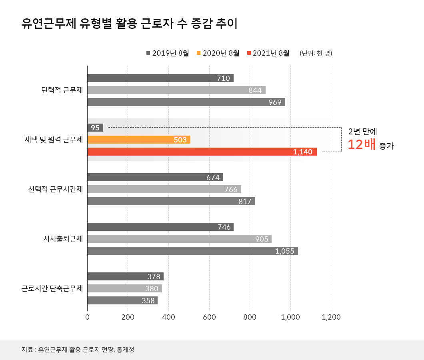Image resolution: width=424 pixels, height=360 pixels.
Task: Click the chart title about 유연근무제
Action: tap(130, 24)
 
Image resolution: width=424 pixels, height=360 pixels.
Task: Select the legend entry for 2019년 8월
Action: tap(168, 53)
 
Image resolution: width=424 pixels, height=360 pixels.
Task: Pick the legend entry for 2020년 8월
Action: tap(218, 53)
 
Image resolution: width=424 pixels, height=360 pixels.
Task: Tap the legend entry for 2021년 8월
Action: tap(268, 53)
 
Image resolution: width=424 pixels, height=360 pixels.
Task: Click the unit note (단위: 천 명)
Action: tap(316, 53)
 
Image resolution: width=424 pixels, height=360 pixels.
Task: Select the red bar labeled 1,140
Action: tap(202, 152)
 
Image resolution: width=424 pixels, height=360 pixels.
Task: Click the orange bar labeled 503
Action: tap(138, 140)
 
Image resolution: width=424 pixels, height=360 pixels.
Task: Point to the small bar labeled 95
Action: tap(95, 128)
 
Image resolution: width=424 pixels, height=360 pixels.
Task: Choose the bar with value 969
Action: tap(186, 102)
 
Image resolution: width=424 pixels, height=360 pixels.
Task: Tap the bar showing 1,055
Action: tap(192, 251)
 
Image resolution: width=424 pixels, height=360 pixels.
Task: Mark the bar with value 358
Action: tap(122, 300)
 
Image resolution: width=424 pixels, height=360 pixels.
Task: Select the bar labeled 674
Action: tap(155, 177)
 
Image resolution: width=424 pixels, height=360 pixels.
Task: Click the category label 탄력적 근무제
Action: tap(62, 90)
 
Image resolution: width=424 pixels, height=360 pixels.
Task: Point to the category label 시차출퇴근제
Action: tap(63, 239)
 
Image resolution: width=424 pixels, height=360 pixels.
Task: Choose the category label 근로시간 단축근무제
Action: tap(52, 288)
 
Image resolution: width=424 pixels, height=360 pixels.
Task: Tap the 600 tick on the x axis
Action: tap(209, 318)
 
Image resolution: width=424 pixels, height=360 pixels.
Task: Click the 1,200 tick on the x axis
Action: tap(331, 318)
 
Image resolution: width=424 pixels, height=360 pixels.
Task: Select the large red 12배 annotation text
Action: tap(361, 145)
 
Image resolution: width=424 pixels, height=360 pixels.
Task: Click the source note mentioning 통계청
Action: tap(78, 350)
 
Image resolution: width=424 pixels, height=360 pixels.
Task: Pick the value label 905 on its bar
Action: tap(261, 239)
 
